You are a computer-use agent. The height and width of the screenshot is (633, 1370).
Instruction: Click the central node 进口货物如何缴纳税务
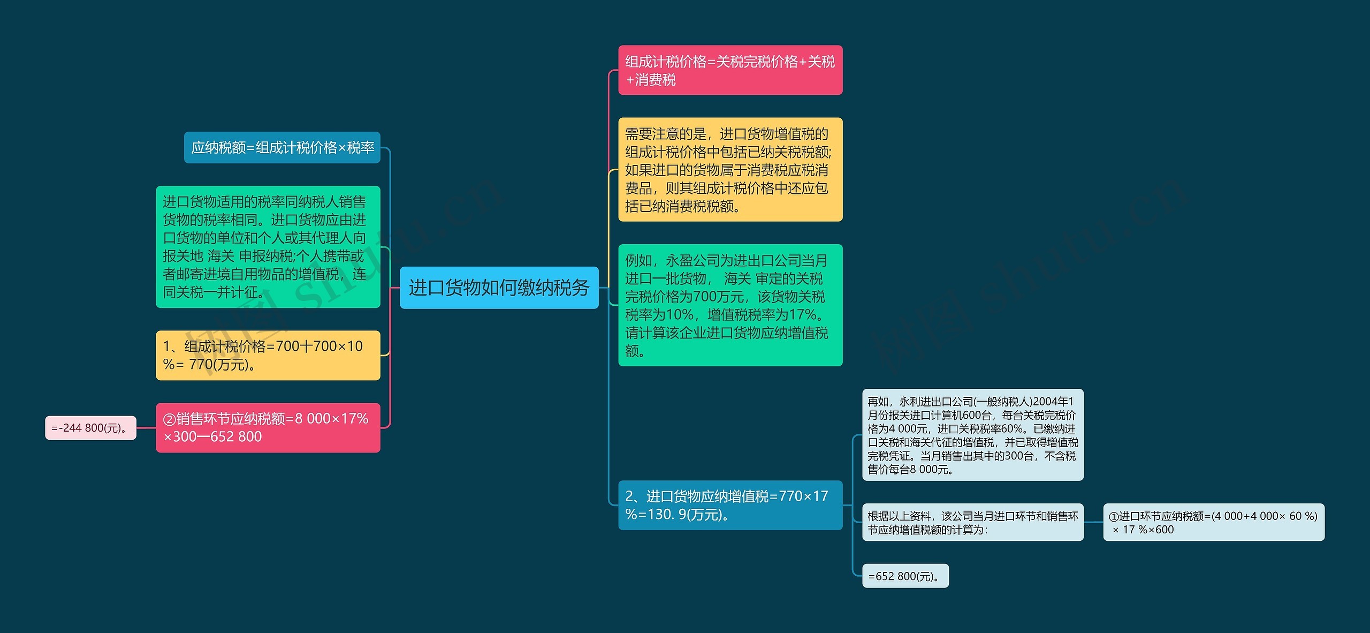coord(499,288)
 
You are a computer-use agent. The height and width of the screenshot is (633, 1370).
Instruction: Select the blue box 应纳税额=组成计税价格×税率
coord(282,147)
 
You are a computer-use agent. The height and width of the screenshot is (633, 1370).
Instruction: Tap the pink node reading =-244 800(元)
coord(90,428)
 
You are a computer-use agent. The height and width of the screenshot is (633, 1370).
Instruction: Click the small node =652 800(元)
coord(905,576)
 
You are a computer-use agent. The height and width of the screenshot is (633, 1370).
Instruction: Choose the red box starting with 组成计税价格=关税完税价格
coord(730,70)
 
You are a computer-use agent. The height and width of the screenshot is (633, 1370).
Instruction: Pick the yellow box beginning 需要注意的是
coord(730,169)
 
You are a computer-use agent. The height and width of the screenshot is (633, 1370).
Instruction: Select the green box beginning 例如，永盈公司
coord(730,305)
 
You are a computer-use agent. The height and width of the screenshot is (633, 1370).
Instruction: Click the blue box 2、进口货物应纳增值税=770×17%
coord(730,505)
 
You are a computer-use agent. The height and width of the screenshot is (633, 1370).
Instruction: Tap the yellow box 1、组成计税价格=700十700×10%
coord(268,355)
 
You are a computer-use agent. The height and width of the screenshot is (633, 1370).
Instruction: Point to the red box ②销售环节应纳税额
coord(268,427)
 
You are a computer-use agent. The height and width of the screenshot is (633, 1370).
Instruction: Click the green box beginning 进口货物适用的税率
coord(268,247)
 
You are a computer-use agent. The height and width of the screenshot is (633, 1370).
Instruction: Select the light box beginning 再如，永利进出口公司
coord(972,435)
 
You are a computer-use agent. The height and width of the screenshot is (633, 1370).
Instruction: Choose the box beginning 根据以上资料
coord(972,522)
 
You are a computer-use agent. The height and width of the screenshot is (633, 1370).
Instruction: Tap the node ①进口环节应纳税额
coord(1213,522)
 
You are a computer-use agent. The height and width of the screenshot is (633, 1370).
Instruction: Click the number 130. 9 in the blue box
coord(667,515)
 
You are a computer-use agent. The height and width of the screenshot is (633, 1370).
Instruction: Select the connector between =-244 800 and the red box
coord(146,428)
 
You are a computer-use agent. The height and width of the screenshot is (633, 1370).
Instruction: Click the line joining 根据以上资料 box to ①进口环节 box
coord(1093,522)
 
